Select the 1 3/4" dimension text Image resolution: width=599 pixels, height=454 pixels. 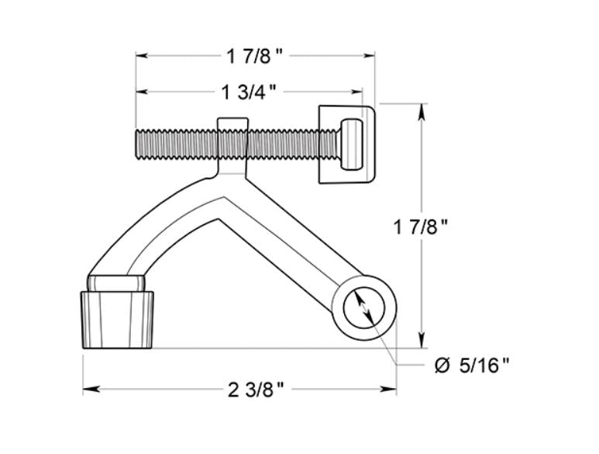point(248,92)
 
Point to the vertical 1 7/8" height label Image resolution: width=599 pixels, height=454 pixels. point(422,227)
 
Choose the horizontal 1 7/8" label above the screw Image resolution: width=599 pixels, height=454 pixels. point(255,56)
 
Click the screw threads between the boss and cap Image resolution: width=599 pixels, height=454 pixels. point(283,144)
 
